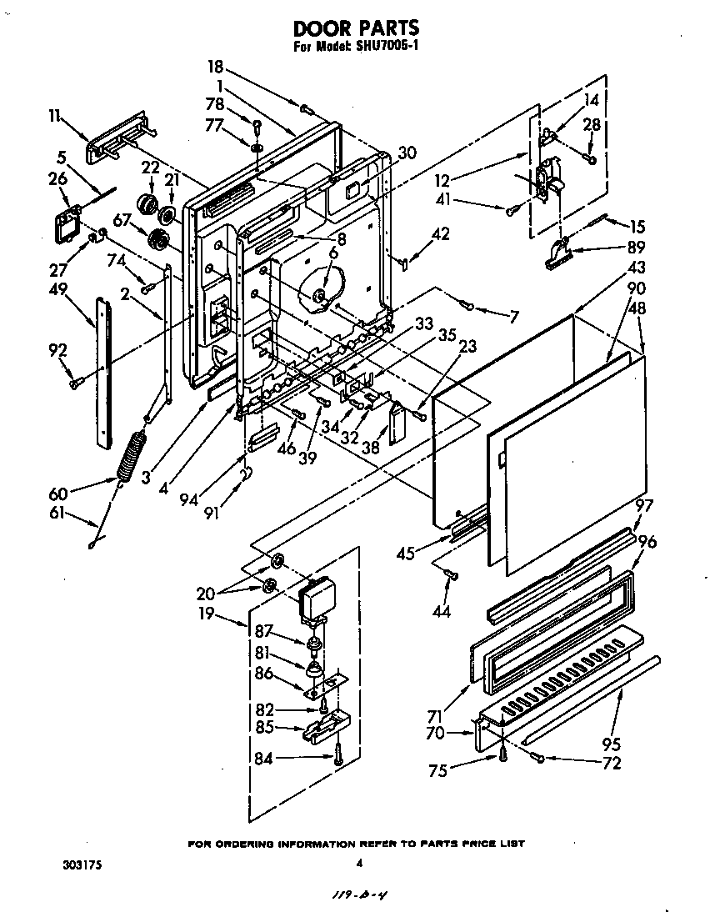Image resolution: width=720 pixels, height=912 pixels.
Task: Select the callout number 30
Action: pos(407,153)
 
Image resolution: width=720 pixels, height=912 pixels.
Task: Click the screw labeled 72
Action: pos(539,758)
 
